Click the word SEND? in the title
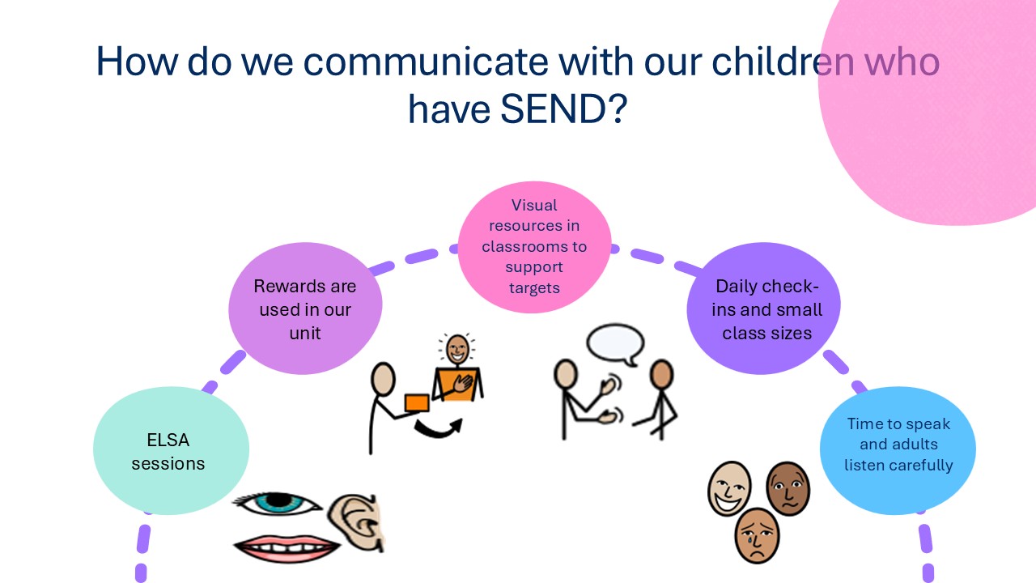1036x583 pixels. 563,109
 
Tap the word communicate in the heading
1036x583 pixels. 426,62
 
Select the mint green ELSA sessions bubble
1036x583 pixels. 171,451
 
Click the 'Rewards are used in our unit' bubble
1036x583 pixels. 305,309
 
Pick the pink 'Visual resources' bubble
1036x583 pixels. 534,247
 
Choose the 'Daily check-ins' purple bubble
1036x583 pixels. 763,309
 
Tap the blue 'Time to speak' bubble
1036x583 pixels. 898,451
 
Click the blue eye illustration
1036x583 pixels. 277,504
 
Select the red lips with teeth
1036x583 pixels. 287,548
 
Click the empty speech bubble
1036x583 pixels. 616,344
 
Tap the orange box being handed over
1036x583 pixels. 417,403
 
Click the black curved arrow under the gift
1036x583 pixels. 439,428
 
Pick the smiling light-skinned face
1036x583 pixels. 729,488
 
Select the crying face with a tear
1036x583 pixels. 757,535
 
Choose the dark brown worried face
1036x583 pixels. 788,488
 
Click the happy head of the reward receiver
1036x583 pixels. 457,349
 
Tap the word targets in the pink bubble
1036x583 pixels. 534,288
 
